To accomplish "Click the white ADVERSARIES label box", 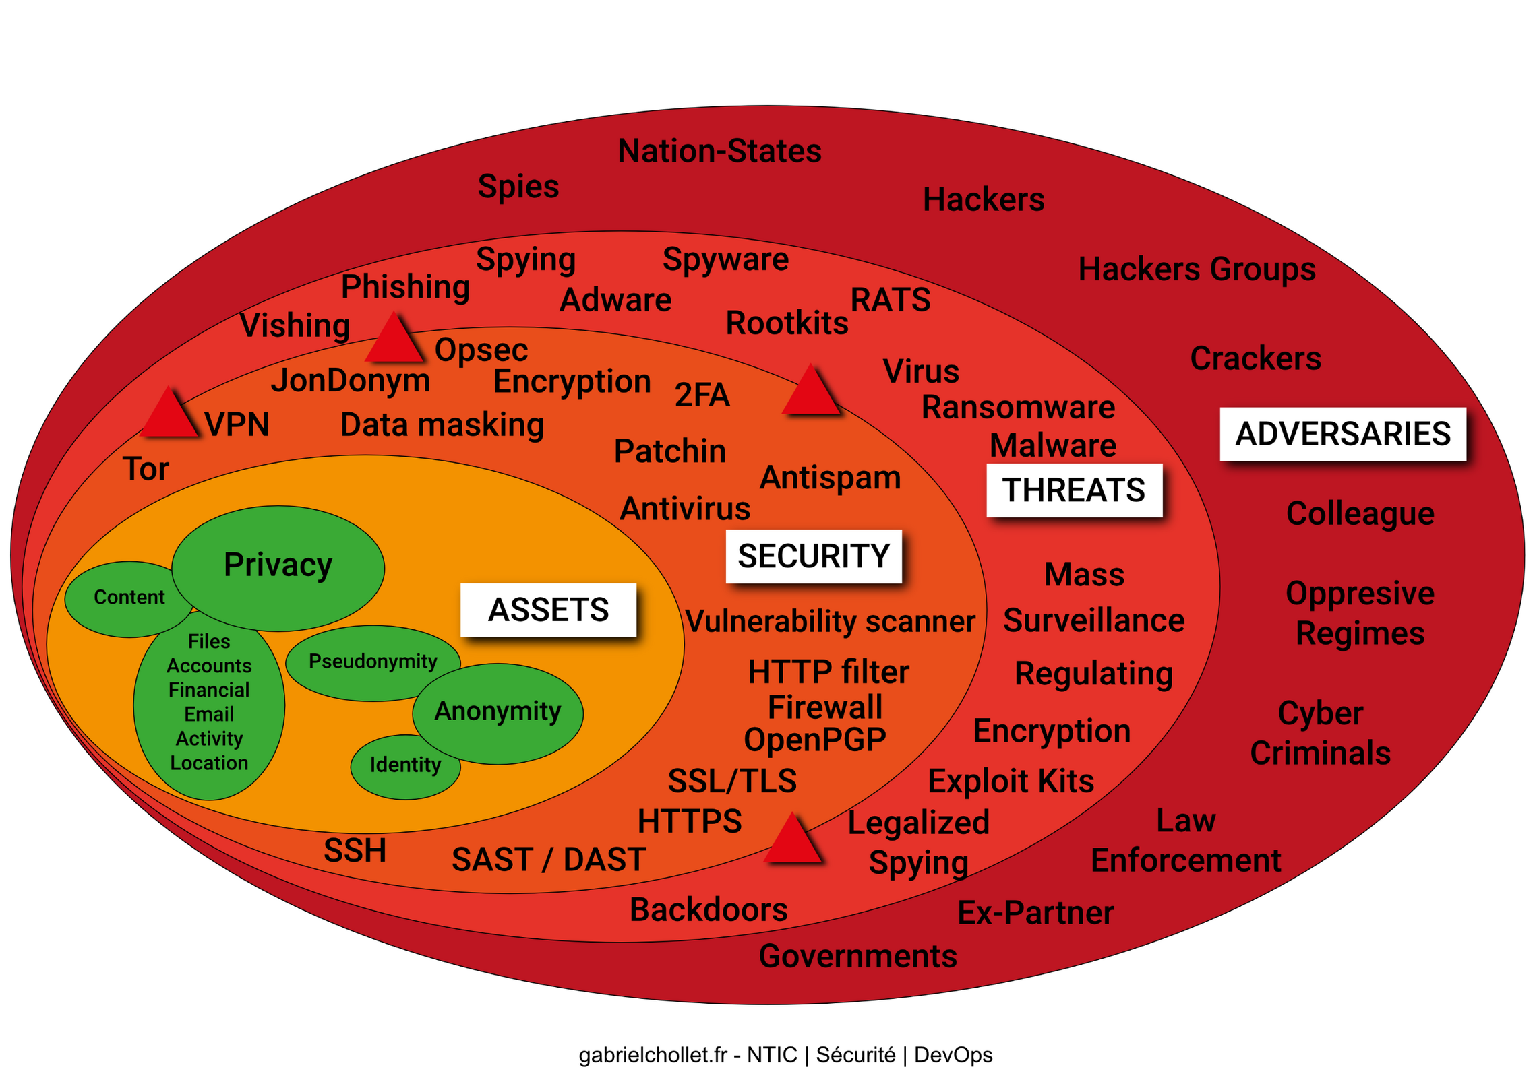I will coord(1342,434).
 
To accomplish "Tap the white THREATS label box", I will coord(1074,490).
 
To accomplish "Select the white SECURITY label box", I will coord(813,556).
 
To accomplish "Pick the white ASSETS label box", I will coord(548,610).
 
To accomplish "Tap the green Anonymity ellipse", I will coord(498,713).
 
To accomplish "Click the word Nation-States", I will coord(719,152).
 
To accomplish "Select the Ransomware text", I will coord(1018,408).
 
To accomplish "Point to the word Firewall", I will coord(824,707).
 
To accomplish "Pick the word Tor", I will coord(146,470).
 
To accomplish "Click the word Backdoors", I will coord(709,910).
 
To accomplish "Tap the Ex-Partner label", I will coord(1035,914).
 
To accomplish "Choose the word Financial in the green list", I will coord(209,691).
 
